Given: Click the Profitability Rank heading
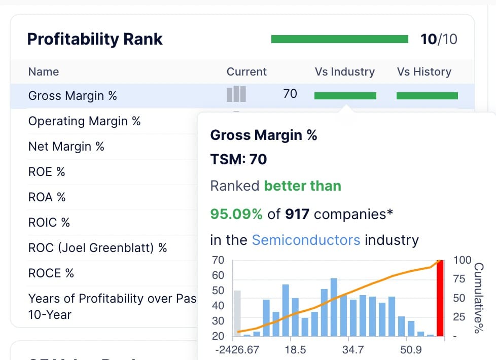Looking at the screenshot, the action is [x=94, y=39].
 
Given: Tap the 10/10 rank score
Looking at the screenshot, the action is [x=439, y=39].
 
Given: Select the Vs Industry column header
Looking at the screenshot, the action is [x=344, y=72].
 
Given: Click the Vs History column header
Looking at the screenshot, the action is [x=424, y=72].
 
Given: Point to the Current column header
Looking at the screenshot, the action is [x=246, y=72].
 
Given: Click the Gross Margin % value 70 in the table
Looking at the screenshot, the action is [x=290, y=94].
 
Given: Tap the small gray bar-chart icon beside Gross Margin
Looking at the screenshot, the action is [x=236, y=94].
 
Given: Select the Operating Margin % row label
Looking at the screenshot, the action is [x=85, y=121].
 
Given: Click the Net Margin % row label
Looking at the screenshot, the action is [x=66, y=147].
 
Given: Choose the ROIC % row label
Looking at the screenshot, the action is [x=49, y=223].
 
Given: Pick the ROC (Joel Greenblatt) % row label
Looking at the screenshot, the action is [x=97, y=248].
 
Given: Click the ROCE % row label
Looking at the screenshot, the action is [x=51, y=273].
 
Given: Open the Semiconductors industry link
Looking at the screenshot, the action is [x=306, y=240].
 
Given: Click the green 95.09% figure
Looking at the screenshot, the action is [x=236, y=214].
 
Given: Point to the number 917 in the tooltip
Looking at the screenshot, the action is [x=297, y=214].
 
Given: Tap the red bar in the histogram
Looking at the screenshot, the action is [x=440, y=298].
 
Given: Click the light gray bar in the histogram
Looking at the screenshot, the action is [x=237, y=313].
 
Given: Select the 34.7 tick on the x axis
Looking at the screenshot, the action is [x=353, y=349].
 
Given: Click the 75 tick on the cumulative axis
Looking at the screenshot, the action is [x=459, y=279].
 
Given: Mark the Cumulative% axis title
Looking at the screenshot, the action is [x=479, y=298].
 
